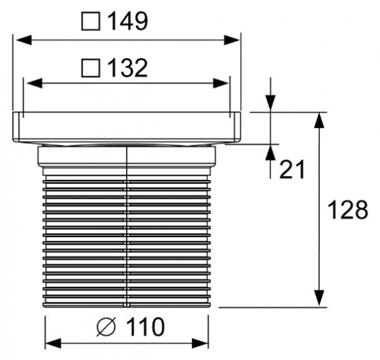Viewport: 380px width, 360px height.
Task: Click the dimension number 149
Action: tap(127, 22)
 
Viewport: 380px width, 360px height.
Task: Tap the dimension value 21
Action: tap(292, 169)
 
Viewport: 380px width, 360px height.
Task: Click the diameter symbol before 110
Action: tap(106, 328)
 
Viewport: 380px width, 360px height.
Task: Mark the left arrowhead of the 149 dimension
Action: tap(20, 40)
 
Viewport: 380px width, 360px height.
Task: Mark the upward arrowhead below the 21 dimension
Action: tap(270, 152)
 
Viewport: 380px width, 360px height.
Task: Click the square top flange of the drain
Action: tap(127, 127)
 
